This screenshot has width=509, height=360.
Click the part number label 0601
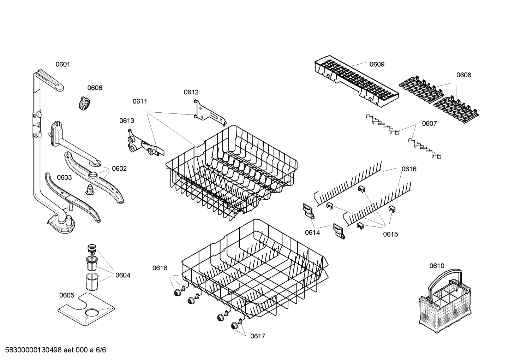point(63,64)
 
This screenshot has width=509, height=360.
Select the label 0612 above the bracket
point(191,92)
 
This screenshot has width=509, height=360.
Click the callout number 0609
point(377,64)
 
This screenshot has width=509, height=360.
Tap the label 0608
point(463,75)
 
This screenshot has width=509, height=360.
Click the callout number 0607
point(429,124)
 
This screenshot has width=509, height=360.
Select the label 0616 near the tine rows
point(409,169)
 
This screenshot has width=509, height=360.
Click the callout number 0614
point(312,232)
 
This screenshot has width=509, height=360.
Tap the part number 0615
point(390,234)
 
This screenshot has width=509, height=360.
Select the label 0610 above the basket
point(437,266)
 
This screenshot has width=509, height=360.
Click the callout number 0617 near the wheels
point(258,336)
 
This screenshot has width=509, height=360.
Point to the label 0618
point(160,268)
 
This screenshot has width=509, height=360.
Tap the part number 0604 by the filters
point(123,275)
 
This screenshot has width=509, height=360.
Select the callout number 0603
point(64,177)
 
